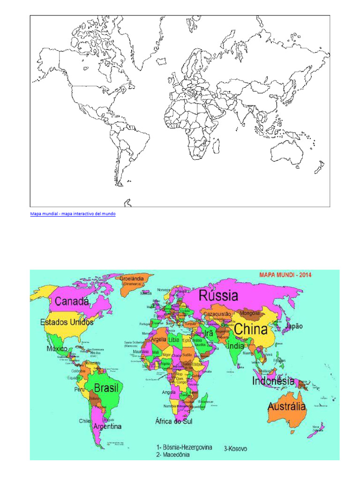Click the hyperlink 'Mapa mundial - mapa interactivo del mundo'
click(73, 214)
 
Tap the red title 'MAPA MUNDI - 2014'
click(286, 275)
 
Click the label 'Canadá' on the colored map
click(72, 301)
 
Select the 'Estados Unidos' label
click(67, 322)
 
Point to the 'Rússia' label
click(218, 296)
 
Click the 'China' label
click(251, 329)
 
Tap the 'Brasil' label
click(106, 388)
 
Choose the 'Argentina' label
click(107, 427)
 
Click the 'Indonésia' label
click(273, 381)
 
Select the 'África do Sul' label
click(173, 421)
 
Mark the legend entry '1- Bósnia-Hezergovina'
click(184, 447)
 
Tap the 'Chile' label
click(84, 421)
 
